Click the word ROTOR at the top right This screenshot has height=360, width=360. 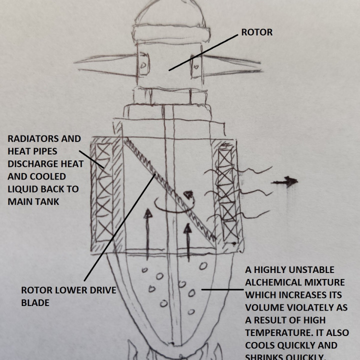pyautogui.click(x=256, y=32)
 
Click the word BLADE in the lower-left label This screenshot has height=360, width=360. pyautogui.click(x=35, y=302)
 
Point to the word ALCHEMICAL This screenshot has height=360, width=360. pyautogui.click(x=274, y=282)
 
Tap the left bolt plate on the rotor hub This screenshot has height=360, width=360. pyautogui.click(x=143, y=65)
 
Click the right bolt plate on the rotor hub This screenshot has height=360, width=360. pyautogui.click(x=195, y=64)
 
